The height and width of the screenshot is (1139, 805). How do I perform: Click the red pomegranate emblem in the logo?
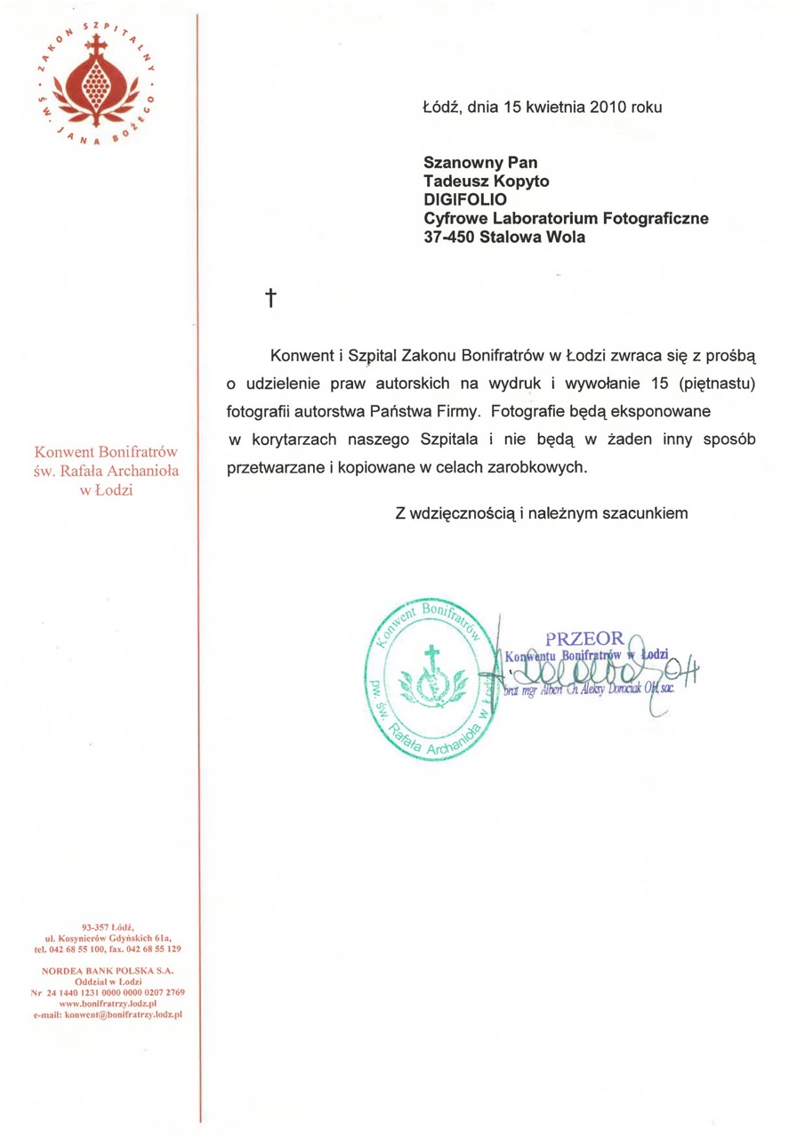[x=100, y=83]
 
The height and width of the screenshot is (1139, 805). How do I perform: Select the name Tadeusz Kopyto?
[x=486, y=182]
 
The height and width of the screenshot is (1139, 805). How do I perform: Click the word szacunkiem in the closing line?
[x=651, y=513]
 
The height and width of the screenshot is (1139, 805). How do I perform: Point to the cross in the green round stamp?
[x=431, y=658]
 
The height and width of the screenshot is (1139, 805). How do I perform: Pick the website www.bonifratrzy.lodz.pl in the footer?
[x=108, y=1003]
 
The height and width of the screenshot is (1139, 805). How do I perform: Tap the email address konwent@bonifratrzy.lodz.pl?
[x=108, y=1014]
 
